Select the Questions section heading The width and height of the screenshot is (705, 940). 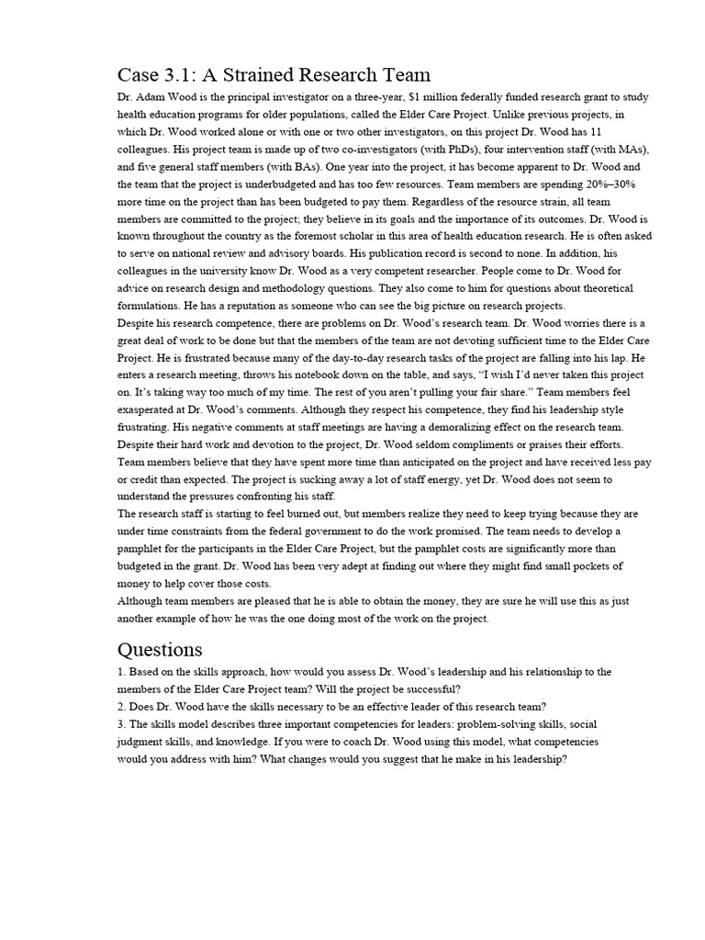[x=160, y=649]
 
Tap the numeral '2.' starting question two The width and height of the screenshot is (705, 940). [x=122, y=707]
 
